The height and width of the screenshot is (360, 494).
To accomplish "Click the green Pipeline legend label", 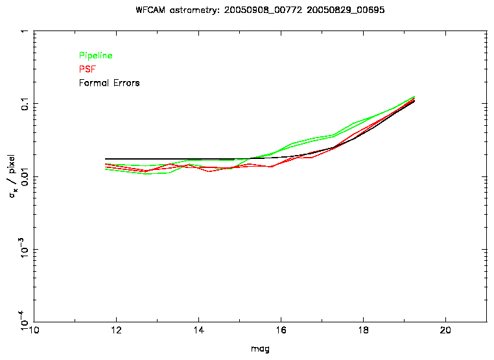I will [x=95, y=56].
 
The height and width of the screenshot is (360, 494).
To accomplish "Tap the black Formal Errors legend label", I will [x=109, y=83].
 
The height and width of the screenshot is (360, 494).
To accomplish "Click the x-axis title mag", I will [x=261, y=349].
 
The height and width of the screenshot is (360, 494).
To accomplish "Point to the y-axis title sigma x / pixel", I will [x=14, y=176].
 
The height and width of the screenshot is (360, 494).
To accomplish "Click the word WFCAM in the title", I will [x=151, y=11].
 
